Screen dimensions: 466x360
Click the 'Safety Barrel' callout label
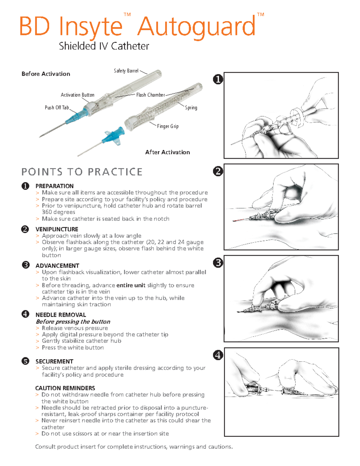click(126, 71)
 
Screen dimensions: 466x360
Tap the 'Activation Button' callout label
click(77, 95)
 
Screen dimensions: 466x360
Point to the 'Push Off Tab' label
click(57, 107)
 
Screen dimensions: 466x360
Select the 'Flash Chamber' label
click(150, 95)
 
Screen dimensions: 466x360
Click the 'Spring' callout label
click(191, 107)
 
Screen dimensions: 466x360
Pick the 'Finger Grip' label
click(168, 126)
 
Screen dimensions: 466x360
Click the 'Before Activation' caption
click(46, 74)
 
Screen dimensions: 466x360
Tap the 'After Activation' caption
click(167, 152)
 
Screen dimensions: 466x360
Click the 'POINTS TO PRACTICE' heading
click(82, 172)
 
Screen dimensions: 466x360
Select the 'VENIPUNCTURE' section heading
click(57, 229)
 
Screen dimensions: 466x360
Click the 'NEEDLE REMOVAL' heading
click(61, 315)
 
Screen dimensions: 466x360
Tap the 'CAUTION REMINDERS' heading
click(65, 388)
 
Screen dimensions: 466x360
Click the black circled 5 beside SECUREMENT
click(25, 361)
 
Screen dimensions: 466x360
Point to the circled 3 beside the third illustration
click(218, 263)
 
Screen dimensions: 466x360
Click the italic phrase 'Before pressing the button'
click(73, 322)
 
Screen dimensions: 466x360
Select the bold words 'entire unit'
click(131, 285)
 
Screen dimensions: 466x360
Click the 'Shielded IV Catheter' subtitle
click(104, 46)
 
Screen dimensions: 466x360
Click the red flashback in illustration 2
click(240, 220)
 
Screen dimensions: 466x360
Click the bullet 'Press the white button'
click(73, 347)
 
